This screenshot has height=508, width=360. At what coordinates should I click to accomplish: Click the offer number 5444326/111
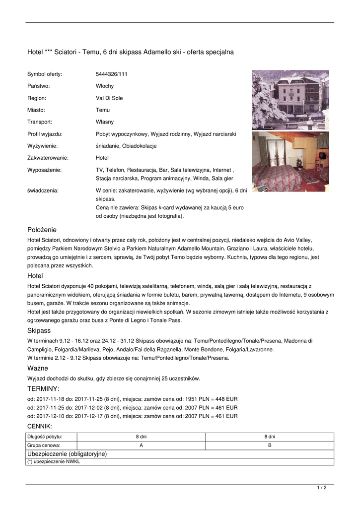(x=112, y=74)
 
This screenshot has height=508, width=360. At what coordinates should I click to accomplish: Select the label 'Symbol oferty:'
(x=45, y=74)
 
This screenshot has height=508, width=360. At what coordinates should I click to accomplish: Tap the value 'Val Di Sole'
(x=109, y=98)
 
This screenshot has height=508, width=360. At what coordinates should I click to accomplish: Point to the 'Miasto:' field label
(x=36, y=110)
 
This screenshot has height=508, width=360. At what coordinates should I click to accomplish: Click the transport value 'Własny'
(x=105, y=122)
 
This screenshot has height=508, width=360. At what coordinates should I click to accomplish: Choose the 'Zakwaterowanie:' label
(x=48, y=158)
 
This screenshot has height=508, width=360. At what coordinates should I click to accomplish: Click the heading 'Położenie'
(x=42, y=230)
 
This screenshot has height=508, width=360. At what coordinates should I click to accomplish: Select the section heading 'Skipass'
(x=39, y=330)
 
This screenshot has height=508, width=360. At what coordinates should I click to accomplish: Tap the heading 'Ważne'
(x=37, y=368)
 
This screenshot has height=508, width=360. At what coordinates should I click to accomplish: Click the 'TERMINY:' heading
(x=43, y=388)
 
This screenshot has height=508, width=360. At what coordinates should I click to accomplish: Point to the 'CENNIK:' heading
(x=39, y=426)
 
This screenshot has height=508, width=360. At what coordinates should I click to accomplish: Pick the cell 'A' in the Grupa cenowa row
(x=141, y=445)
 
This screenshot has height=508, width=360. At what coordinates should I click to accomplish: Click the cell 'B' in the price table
(x=270, y=445)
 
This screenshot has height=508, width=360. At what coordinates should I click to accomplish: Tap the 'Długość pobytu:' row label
(x=44, y=437)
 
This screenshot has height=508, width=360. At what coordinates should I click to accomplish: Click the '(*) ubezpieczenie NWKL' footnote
(x=54, y=461)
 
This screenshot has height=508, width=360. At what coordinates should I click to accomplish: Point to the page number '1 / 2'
(x=322, y=488)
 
